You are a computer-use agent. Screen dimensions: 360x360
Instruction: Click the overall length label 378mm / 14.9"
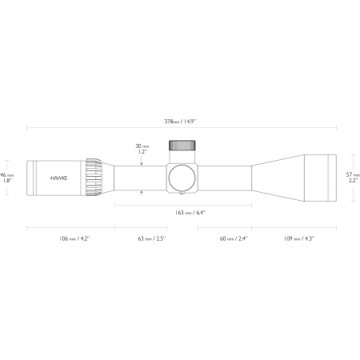click(x=180, y=122)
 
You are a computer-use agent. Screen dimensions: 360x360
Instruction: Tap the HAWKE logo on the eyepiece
click(x=58, y=178)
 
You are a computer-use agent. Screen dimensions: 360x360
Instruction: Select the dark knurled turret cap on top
click(x=182, y=146)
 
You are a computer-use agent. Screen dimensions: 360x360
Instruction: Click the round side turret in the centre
click(x=182, y=178)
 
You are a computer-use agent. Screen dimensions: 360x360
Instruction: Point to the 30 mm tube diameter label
click(x=142, y=146)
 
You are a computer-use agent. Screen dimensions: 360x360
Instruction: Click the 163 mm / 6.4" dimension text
click(x=190, y=213)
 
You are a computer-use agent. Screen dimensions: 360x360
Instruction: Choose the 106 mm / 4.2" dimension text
click(x=74, y=238)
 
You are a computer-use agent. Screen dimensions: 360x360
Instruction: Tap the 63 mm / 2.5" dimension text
click(x=152, y=238)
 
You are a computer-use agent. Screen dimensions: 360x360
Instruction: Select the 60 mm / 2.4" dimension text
click(x=234, y=238)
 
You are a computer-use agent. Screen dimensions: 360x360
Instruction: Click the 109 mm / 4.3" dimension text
click(x=299, y=238)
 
